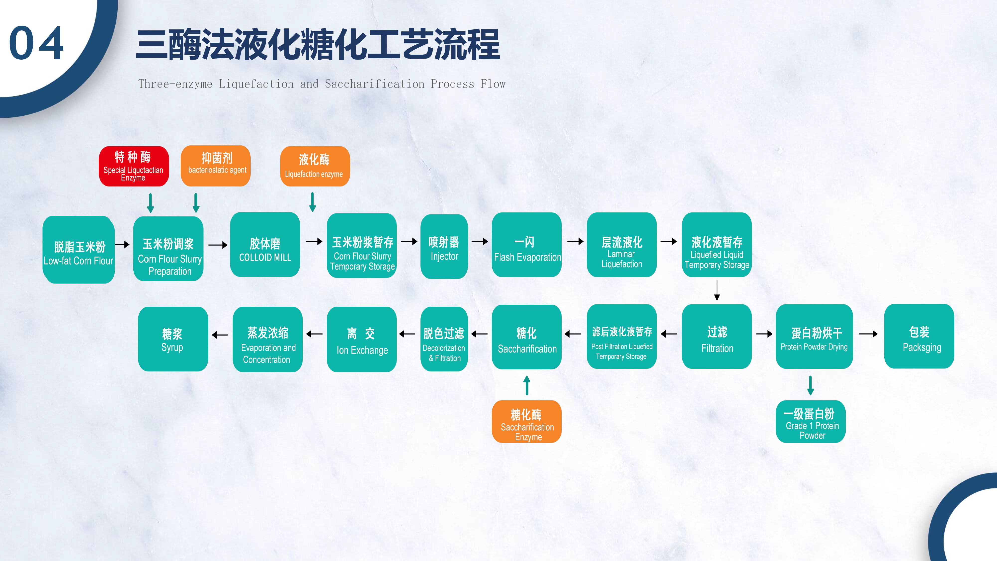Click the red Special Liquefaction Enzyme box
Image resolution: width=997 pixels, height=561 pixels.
coord(134,166)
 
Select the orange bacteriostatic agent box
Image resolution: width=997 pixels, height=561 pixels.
coord(216,166)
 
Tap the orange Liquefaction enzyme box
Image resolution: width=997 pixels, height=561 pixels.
coord(315,166)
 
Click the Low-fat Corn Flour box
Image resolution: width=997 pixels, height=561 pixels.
coord(79,250)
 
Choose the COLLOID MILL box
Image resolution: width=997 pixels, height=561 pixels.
coord(265,245)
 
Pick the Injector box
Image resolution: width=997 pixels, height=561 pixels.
coord(444,247)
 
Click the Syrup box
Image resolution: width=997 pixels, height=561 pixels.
coord(173,339)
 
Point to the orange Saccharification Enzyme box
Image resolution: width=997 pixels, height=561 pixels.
coord(526,422)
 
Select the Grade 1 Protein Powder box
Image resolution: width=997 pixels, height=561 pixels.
coord(811,422)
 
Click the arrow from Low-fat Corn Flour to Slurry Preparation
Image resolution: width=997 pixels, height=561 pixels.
coord(122,244)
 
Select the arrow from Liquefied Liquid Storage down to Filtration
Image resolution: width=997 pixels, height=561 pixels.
coord(717,290)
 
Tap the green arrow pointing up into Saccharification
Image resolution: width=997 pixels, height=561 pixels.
coord(527,385)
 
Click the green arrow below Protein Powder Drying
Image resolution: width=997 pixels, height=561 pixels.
coord(811,385)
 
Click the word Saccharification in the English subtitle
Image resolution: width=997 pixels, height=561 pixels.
coord(374,84)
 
